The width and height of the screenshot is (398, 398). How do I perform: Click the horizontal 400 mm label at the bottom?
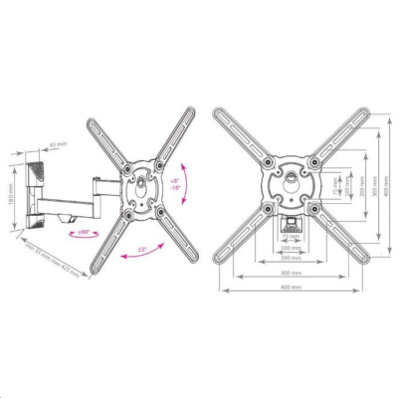click(291, 290)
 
